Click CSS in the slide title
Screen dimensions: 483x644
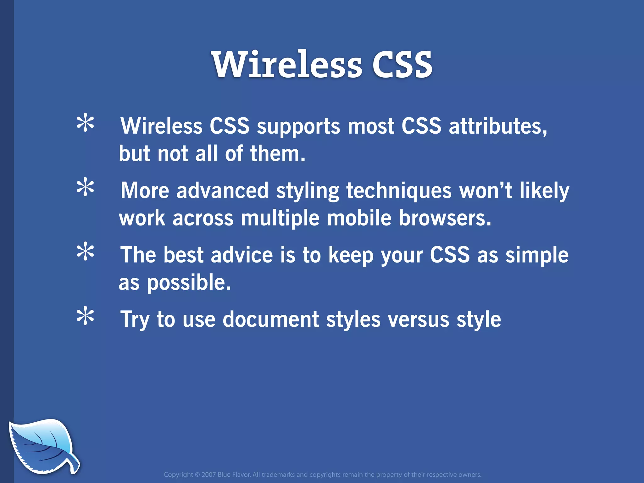(402, 65)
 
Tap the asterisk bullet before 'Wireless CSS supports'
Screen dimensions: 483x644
(85, 124)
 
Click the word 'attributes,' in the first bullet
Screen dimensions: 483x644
(498, 126)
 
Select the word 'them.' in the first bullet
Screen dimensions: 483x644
(278, 154)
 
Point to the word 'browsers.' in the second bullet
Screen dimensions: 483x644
(445, 218)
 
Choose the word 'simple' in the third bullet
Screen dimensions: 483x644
(537, 255)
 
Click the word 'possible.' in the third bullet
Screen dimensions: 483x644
(189, 283)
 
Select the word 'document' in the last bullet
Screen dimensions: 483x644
(271, 319)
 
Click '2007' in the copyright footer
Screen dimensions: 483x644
(208, 475)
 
